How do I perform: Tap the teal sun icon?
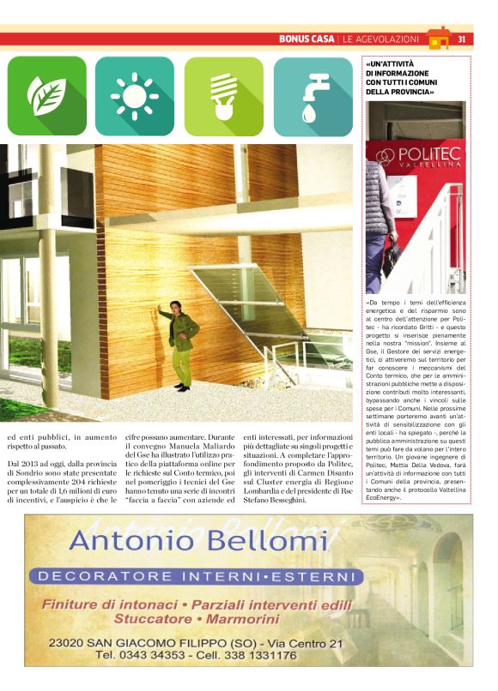coord(135,96)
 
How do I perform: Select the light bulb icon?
coord(223,96)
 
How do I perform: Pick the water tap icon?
coord(313,96)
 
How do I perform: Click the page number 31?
coord(462,39)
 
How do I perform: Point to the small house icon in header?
coord(439,39)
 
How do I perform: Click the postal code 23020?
coord(70,642)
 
